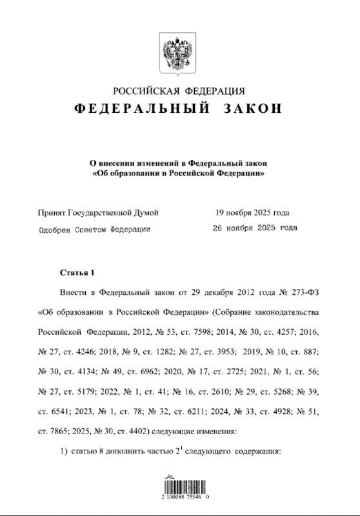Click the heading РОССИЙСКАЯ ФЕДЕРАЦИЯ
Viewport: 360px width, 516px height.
[x=179, y=91]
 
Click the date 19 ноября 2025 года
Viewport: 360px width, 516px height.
[x=252, y=212]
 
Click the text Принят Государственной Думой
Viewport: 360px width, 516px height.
[x=98, y=212]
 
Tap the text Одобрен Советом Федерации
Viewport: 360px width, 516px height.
[x=95, y=228]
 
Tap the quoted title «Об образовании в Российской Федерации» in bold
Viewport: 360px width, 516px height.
[x=180, y=174]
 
